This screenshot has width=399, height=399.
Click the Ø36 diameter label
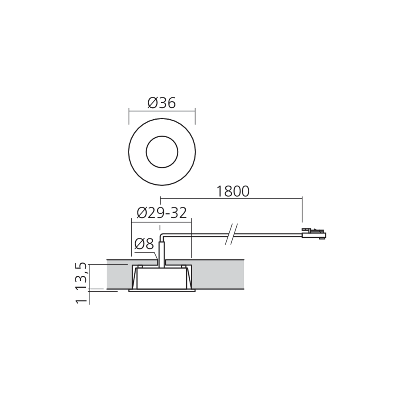[161, 103]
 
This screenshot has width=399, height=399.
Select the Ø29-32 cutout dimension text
[162, 213]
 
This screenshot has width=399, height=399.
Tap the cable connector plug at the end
[314, 234]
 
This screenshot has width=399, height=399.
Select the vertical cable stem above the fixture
[162, 251]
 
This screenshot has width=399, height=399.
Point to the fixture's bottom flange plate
[162, 291]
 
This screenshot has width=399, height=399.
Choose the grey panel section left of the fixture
[118, 275]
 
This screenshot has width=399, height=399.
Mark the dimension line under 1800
[231, 197]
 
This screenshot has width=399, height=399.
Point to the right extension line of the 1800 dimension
[302, 209]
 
